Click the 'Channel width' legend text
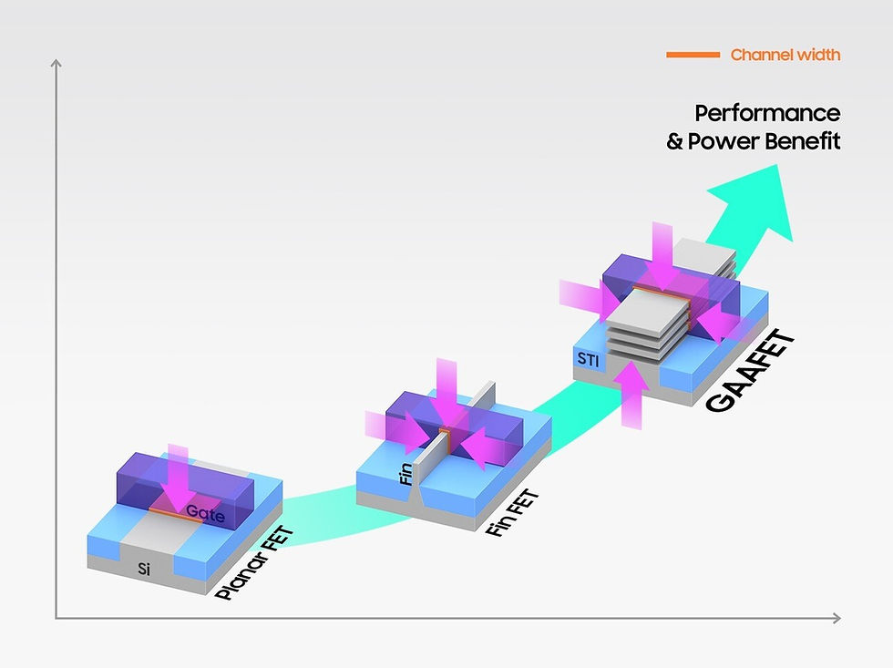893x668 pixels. coord(785,55)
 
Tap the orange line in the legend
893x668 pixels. coord(693,55)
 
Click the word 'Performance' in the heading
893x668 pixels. coord(767,113)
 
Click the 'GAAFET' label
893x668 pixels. coord(749,370)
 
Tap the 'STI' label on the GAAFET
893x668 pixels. coord(588,359)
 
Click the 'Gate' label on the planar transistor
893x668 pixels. coord(206,513)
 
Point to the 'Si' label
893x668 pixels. coord(144,569)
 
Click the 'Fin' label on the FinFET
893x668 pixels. coord(406,474)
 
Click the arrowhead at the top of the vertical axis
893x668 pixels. coord(56,62)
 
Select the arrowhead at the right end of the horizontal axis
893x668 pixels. coord(837,618)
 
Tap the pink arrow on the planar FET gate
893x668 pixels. coord(177,479)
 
